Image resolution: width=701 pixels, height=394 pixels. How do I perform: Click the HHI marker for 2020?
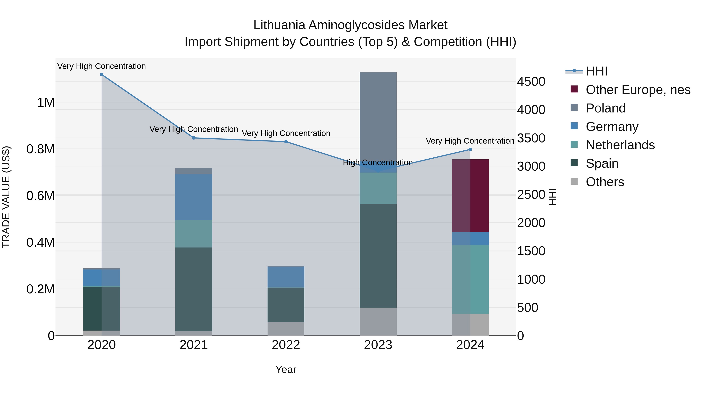click(x=101, y=74)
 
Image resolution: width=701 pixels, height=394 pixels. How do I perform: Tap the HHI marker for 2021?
click(x=194, y=138)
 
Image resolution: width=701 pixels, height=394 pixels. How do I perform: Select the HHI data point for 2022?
click(x=286, y=142)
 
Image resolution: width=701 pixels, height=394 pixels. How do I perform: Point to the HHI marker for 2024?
click(x=470, y=149)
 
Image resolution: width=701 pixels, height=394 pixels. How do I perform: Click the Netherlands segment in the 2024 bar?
click(x=470, y=279)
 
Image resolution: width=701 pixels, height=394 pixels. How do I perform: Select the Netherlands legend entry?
click(x=620, y=145)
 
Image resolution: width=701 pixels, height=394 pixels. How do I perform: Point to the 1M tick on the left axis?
click(x=46, y=103)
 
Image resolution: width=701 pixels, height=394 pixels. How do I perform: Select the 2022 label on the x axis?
click(x=286, y=345)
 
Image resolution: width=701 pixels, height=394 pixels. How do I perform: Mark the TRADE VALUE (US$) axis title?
click(x=6, y=197)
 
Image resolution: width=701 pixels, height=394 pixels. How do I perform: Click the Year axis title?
click(x=286, y=369)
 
